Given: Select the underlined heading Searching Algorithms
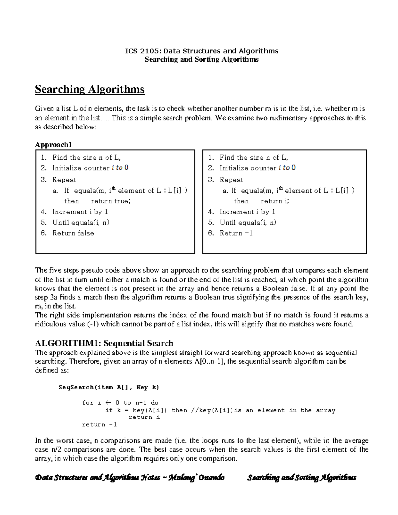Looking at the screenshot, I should click(90, 89).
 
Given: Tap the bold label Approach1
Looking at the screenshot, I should click(53, 145).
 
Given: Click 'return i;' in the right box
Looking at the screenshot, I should click(275, 201).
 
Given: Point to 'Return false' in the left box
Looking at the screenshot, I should click(73, 233).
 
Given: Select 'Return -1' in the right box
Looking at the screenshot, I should click(236, 233).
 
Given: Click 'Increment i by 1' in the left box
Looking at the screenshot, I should click(80, 212).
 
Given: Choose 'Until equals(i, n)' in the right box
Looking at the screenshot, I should click(247, 222).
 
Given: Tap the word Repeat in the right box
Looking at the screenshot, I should click(231, 180).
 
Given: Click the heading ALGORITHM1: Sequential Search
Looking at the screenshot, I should click(104, 343).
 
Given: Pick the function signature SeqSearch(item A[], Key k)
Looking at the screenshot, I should click(108, 387).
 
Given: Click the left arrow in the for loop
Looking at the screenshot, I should click(107, 403).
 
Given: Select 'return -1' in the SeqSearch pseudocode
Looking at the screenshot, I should click(99, 424).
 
